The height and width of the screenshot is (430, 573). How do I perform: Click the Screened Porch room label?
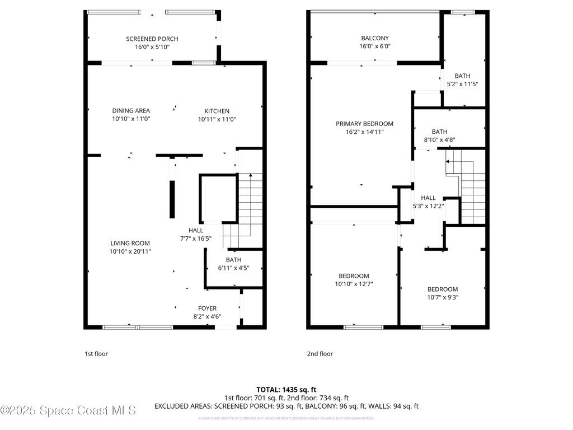pos(152,39)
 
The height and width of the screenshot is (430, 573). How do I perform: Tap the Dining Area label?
pos(131,111)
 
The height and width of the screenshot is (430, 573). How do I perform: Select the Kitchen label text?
pos(217,111)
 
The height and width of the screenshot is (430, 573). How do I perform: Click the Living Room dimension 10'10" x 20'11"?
pos(130,252)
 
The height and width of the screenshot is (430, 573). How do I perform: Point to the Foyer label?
pos(207,309)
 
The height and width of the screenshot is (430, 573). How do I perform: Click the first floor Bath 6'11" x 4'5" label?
pos(233,260)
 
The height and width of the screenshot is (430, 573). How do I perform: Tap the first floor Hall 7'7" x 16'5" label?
pos(196,230)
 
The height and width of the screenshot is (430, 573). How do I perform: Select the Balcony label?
pos(375,39)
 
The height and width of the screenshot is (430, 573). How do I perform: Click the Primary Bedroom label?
pos(364,124)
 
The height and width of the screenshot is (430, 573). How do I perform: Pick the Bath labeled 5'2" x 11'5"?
pos(462,76)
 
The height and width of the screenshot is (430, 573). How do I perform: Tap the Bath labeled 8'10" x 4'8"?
pos(439,132)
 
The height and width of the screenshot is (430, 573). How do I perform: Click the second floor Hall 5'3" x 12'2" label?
pos(428,198)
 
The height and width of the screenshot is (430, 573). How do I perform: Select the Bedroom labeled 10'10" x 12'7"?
pos(354,276)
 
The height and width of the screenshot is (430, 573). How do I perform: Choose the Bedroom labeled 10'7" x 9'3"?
pos(443,289)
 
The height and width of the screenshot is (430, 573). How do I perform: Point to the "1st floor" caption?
pos(96,354)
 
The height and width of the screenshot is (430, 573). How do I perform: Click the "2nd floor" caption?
pos(320,354)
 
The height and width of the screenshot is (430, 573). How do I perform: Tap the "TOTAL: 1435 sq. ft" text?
pos(286,389)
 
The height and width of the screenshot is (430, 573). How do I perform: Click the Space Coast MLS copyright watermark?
pos(68,410)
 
